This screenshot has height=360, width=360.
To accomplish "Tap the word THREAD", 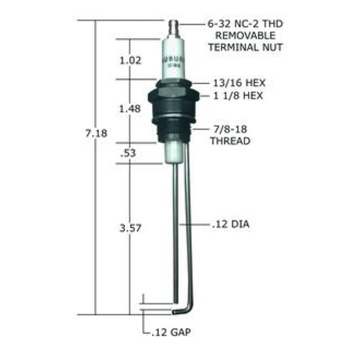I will [x=230, y=141].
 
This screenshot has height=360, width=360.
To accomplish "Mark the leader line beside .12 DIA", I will [x=195, y=223].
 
